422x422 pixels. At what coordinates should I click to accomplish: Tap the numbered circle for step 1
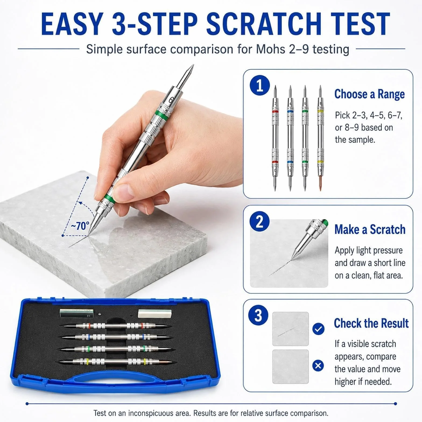[260, 85]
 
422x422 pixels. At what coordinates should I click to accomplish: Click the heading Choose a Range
[370, 94]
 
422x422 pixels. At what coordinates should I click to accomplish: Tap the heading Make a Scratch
[370, 229]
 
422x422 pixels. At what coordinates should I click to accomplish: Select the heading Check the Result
[371, 323]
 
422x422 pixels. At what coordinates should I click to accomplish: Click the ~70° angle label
[80, 226]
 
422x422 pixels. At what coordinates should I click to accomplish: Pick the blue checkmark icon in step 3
[318, 329]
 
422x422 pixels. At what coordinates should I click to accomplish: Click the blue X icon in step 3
[318, 366]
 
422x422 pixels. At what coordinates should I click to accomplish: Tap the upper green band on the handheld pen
[161, 115]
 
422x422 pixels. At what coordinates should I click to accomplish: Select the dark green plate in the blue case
[77, 314]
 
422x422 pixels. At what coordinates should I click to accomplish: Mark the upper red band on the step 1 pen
[275, 111]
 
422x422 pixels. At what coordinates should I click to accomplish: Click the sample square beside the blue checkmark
[290, 329]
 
